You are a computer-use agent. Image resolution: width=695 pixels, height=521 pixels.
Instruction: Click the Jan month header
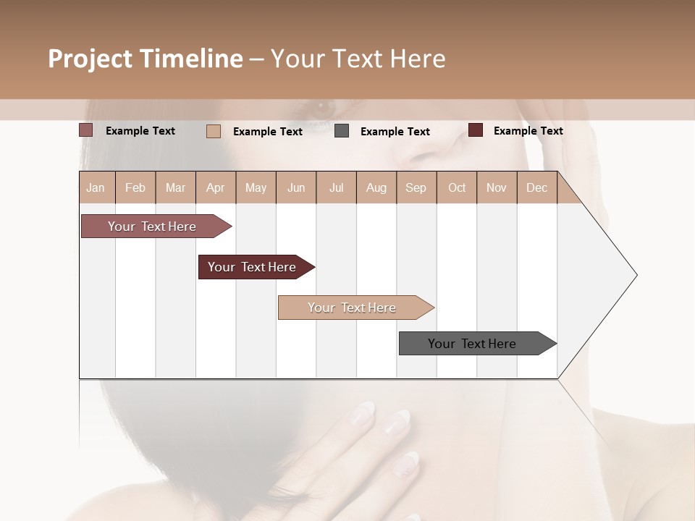click(96, 187)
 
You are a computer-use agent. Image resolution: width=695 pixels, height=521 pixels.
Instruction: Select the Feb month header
click(135, 187)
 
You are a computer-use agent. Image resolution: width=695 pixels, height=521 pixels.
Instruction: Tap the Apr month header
click(216, 187)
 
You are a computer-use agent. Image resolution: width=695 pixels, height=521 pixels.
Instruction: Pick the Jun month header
click(296, 187)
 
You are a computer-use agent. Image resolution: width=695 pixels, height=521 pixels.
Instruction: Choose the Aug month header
click(376, 187)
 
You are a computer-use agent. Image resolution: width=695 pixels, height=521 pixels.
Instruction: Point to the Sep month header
click(416, 187)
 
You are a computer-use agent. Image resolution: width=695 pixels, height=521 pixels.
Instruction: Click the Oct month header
click(457, 187)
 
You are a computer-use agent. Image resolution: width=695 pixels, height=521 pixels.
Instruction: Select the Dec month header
click(537, 187)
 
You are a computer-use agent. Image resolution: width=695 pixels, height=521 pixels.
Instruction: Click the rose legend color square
click(86, 130)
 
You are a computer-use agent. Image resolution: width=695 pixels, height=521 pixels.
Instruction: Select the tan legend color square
click(214, 131)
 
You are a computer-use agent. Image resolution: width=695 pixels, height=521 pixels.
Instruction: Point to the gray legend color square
click(342, 131)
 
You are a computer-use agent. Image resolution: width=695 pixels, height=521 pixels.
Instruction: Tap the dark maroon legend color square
click(476, 130)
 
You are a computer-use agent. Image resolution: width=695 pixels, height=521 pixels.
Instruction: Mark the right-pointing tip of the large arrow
click(635, 275)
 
